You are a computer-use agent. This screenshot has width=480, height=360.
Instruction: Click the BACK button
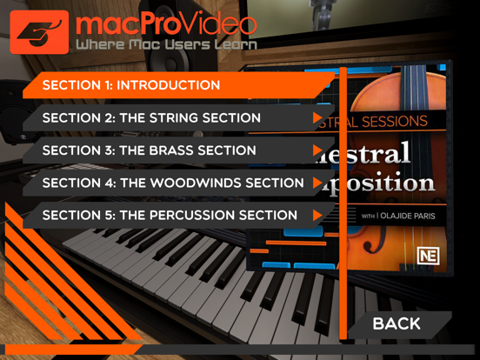397,323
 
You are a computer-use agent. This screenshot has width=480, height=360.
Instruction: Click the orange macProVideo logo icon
39,32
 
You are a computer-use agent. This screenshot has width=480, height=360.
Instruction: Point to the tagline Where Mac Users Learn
165,44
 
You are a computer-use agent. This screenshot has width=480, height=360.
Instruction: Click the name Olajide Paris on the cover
404,214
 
